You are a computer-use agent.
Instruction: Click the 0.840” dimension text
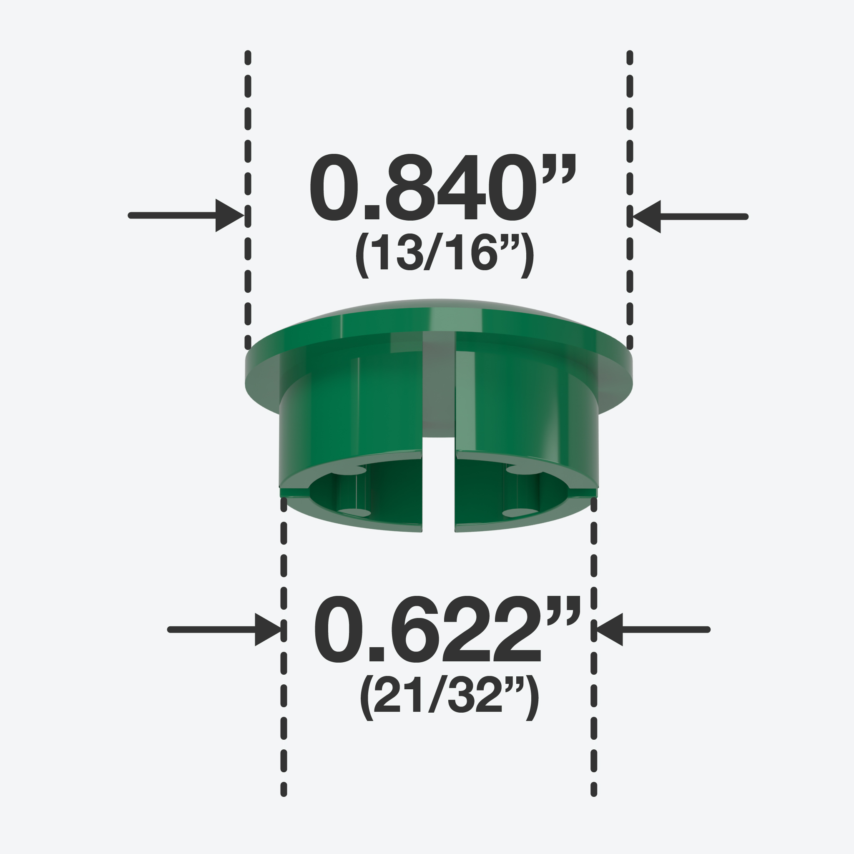(442, 186)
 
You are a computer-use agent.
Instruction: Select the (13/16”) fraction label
(444, 256)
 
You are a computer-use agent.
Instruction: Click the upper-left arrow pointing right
(186, 215)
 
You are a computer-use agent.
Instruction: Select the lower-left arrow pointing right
(224, 629)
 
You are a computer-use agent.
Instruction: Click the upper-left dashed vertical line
(248, 200)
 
